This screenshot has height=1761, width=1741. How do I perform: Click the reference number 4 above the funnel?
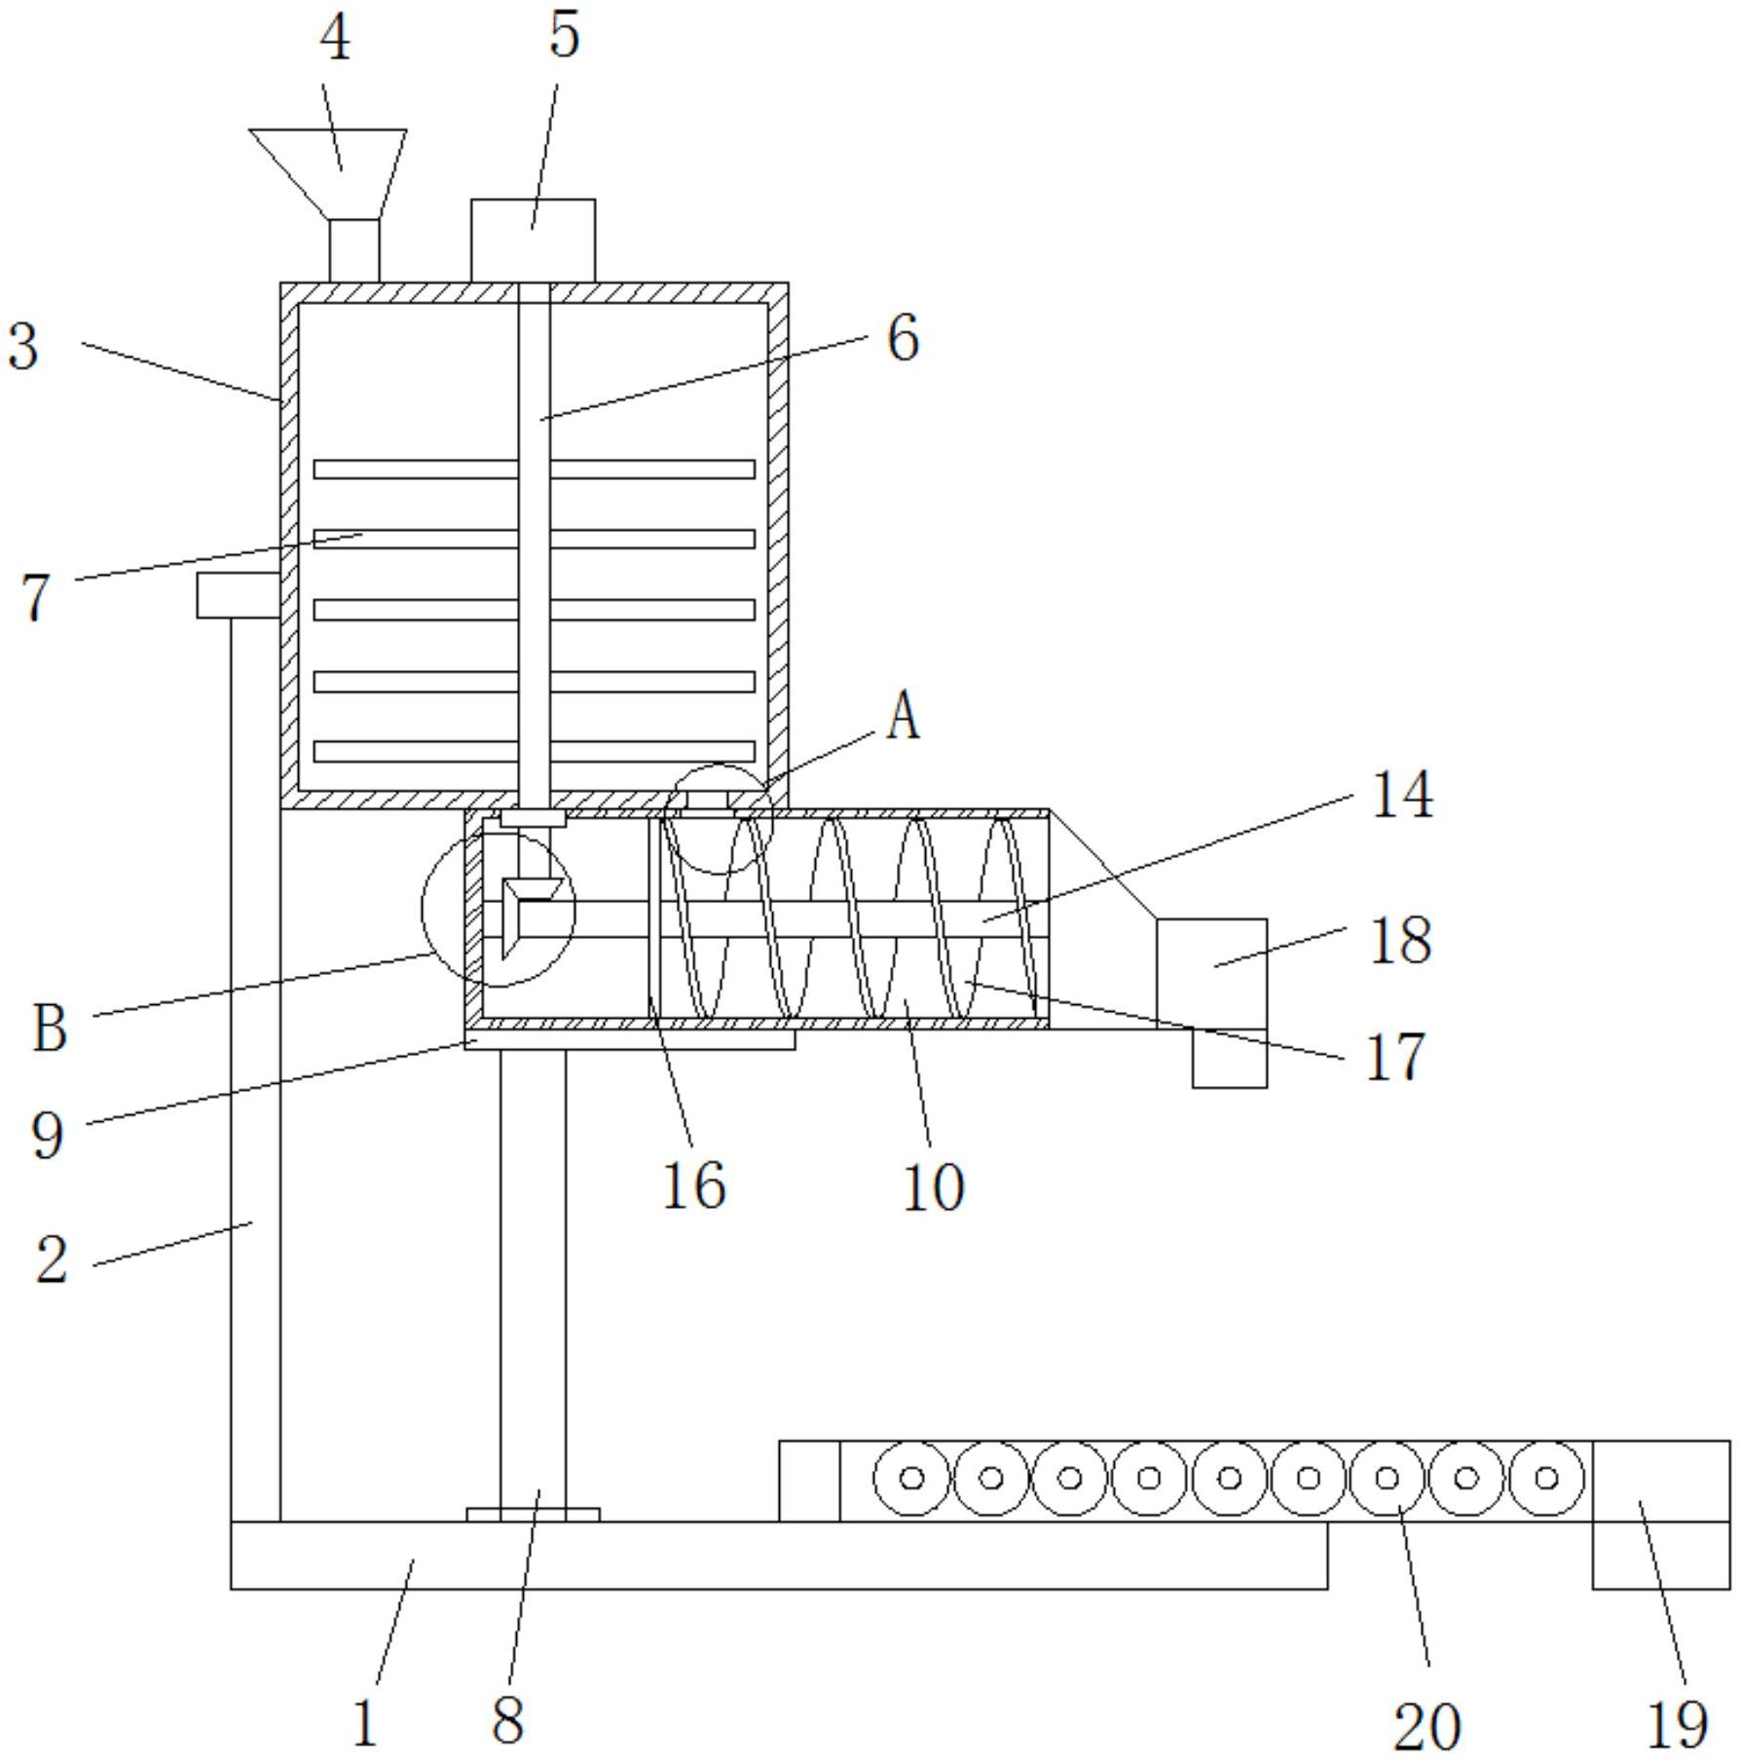(x=335, y=41)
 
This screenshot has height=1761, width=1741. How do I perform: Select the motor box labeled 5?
(x=533, y=241)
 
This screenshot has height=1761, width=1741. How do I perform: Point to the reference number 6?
(x=903, y=340)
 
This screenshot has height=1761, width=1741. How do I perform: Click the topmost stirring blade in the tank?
(x=534, y=469)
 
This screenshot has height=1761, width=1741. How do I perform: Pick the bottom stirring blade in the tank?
(x=534, y=751)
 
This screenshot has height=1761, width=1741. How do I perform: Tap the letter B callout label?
(x=50, y=1029)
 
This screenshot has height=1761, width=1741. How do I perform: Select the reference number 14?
(x=1401, y=795)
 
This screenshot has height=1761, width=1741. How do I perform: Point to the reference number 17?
(x=1395, y=1057)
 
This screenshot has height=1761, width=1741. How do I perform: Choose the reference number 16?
(x=693, y=1185)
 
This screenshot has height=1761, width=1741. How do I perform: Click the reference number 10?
(x=934, y=1187)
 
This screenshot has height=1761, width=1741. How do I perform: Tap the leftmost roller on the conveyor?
(x=911, y=1478)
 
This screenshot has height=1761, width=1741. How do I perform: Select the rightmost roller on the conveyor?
(x=1546, y=1478)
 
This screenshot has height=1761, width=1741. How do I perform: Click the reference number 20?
(x=1427, y=1727)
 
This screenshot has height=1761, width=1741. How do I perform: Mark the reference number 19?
(x=1677, y=1725)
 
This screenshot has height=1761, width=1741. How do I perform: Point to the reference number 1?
(x=364, y=1723)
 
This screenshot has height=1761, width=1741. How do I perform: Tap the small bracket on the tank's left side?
(x=239, y=595)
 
